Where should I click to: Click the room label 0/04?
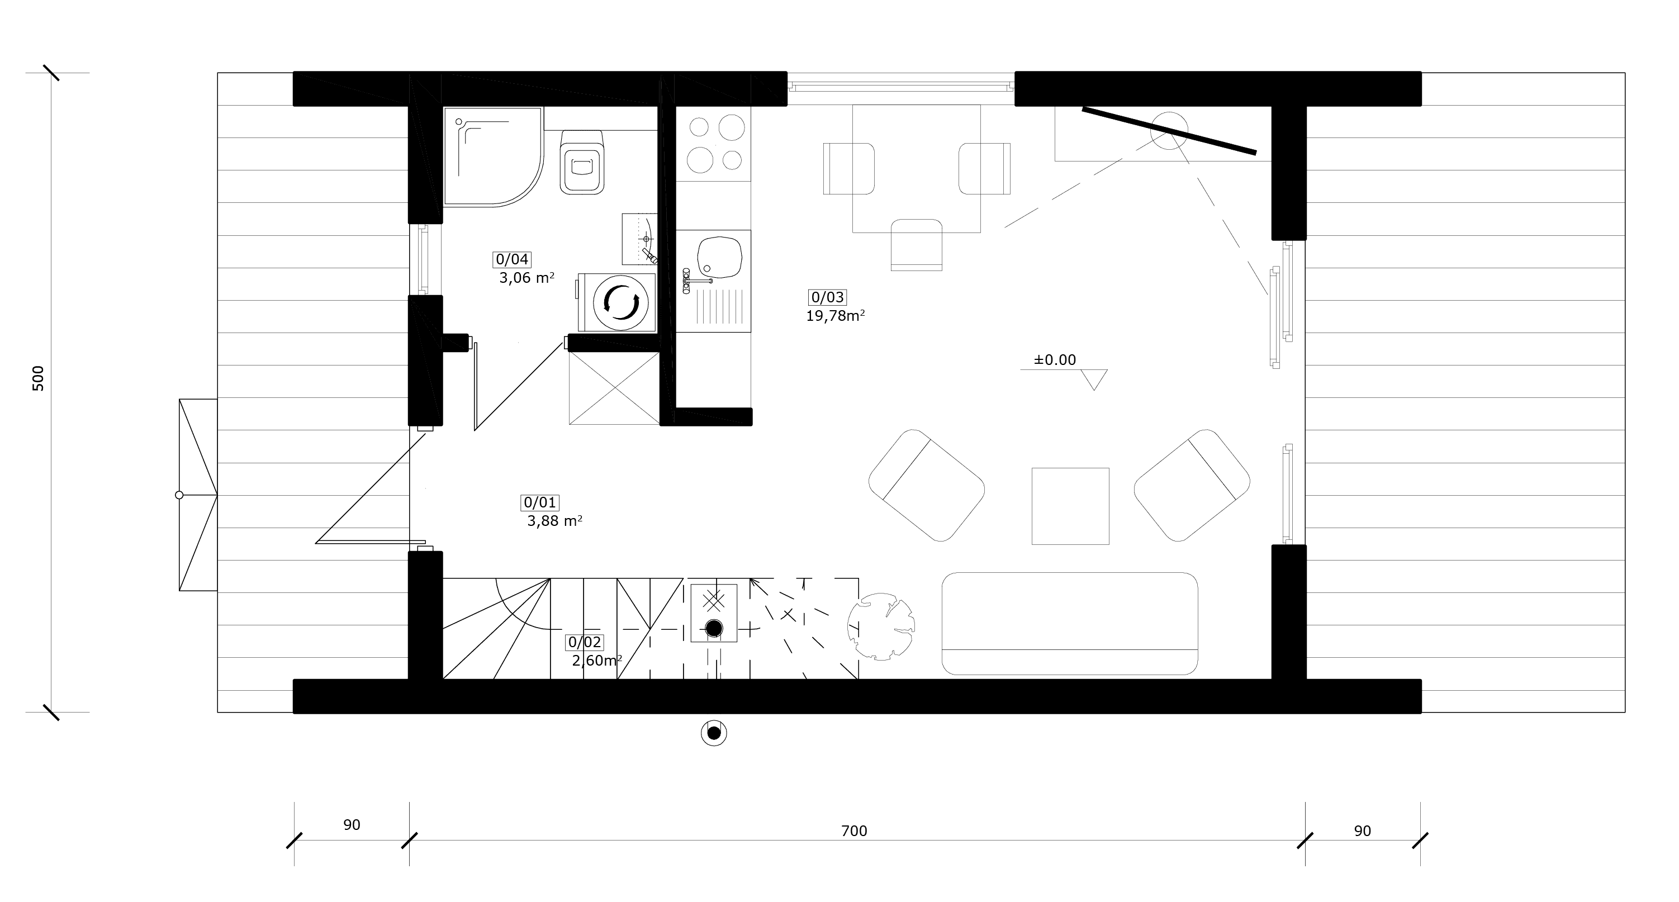511,259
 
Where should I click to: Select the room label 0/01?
540,502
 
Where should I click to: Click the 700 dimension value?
854,831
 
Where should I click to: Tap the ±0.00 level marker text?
1055,360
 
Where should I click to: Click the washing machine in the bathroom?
616,302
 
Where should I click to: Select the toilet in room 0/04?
581,162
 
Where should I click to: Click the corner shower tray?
494,157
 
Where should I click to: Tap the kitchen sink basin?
719,257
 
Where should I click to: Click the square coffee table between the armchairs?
1070,506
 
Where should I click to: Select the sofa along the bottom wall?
1070,623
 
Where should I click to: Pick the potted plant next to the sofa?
880,627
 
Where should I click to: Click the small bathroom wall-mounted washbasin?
639,239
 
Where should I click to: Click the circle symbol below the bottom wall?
714,733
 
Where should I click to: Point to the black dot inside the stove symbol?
714,628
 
